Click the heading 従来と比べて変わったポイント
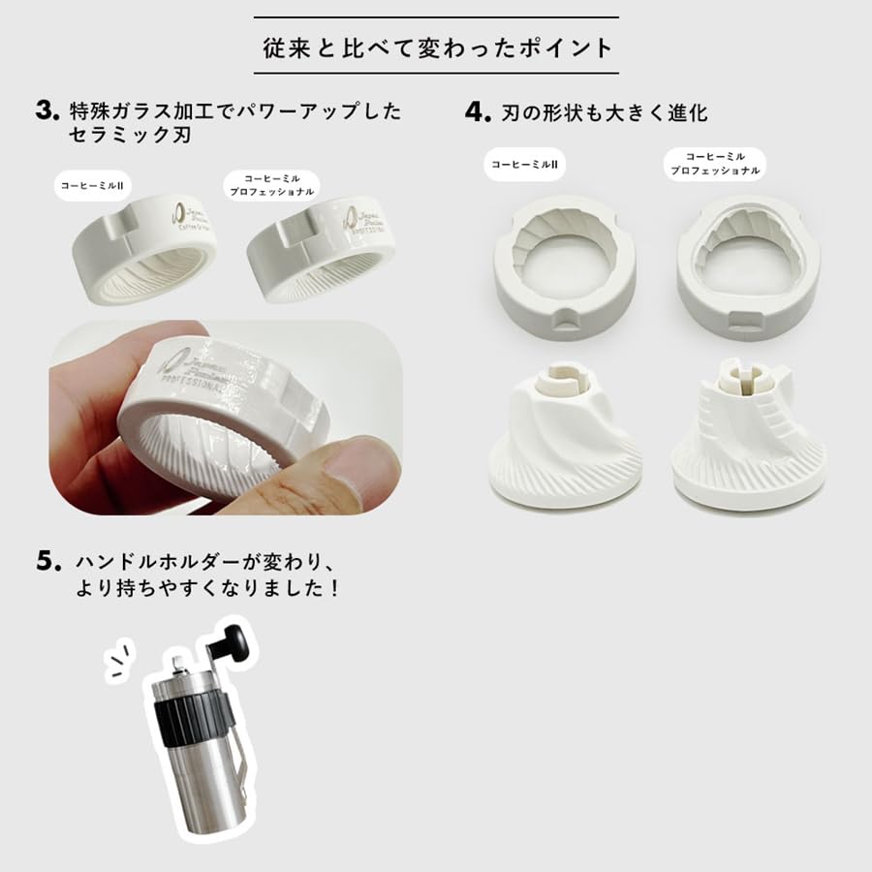tap(436, 47)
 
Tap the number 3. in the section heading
tap(48, 109)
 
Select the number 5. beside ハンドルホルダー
tap(48, 561)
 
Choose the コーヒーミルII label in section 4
tap(524, 165)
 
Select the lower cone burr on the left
tap(566, 436)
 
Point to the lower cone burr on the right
tap(748, 436)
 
